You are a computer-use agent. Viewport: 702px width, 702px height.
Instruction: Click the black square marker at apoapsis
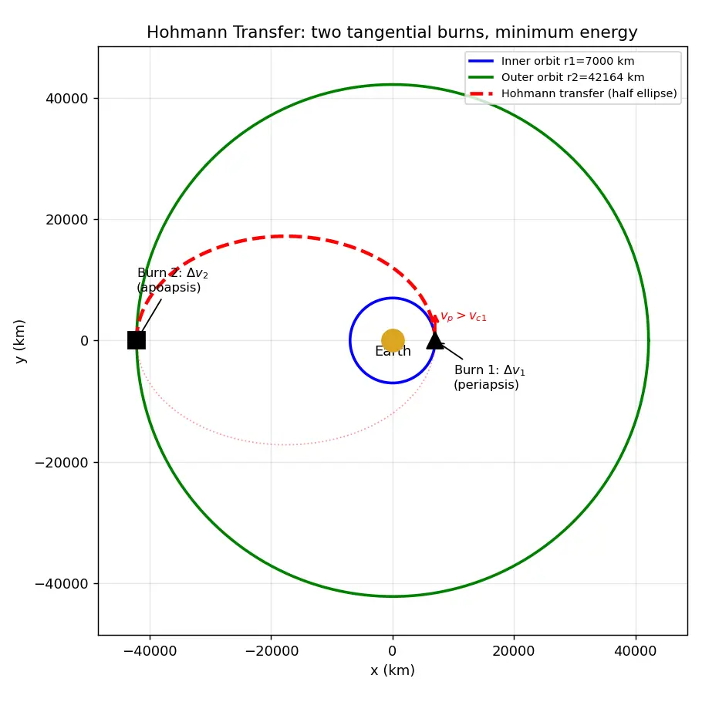point(137,340)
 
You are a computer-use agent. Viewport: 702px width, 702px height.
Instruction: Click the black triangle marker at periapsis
point(435,341)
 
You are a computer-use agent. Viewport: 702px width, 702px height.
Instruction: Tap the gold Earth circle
point(393,340)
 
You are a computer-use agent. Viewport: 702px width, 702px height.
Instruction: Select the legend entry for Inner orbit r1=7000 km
point(551,61)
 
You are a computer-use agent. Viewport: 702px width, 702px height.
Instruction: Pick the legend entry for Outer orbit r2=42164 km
point(556,77)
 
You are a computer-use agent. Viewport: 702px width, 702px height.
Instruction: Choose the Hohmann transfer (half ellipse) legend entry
point(572,93)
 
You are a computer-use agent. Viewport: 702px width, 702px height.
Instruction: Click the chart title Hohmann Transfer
point(392,32)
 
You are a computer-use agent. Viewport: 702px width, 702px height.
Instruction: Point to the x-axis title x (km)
point(393,670)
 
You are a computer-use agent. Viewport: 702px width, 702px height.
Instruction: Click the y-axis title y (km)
point(20,341)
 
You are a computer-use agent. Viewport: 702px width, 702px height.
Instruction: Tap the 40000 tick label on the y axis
point(66,99)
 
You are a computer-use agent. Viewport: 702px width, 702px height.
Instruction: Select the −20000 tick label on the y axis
point(62,462)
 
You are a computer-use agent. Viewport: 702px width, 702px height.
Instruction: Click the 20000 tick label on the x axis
point(514,650)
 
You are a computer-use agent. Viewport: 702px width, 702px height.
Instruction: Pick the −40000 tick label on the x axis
point(150,650)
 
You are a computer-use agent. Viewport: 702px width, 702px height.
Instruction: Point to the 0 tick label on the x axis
point(393,650)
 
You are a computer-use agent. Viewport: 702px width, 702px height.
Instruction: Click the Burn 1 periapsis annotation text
point(489,377)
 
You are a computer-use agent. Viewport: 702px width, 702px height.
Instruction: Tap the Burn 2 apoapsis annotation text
point(172,280)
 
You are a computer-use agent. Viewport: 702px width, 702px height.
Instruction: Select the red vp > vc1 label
point(464,316)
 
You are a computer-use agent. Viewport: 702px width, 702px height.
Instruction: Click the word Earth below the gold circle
point(393,351)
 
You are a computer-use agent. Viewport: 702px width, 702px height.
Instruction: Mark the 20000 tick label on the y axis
point(66,220)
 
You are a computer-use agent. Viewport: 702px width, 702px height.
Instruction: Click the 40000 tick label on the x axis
point(636,650)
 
